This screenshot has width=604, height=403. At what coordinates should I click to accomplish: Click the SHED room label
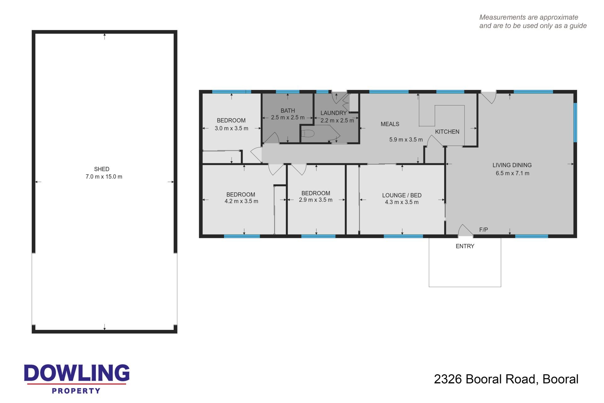pyautogui.click(x=102, y=169)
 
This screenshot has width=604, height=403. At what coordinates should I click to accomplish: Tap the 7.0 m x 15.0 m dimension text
pyautogui.click(x=104, y=177)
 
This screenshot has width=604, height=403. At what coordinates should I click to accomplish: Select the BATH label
pyautogui.click(x=288, y=111)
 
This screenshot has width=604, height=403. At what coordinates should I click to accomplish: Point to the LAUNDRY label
pyautogui.click(x=333, y=113)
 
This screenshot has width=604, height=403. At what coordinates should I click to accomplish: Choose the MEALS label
pyautogui.click(x=390, y=124)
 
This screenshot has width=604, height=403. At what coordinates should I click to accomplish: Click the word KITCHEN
pyautogui.click(x=447, y=132)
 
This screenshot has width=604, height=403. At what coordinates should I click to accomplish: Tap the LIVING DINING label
pyautogui.click(x=512, y=165)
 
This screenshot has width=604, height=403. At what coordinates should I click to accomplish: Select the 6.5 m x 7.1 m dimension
pyautogui.click(x=512, y=173)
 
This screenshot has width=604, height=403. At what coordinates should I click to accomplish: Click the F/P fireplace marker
pyautogui.click(x=484, y=230)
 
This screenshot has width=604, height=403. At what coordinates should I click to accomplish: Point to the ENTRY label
pyautogui.click(x=465, y=246)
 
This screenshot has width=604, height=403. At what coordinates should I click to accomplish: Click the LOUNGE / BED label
pyautogui.click(x=402, y=195)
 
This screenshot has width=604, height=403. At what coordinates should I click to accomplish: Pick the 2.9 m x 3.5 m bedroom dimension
pyautogui.click(x=316, y=200)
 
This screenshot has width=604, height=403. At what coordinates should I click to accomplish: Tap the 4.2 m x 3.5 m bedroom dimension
pyautogui.click(x=241, y=201)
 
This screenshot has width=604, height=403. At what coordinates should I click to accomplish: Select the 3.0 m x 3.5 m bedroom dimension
pyautogui.click(x=232, y=128)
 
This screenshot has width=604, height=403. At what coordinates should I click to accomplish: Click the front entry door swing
pyautogui.click(x=465, y=230)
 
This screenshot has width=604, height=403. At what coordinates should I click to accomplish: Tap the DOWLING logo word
pyautogui.click(x=77, y=373)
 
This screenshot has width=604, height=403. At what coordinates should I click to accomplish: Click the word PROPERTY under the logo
pyautogui.click(x=76, y=391)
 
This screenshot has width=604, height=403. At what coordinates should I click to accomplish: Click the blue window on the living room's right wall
pyautogui.click(x=575, y=122)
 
